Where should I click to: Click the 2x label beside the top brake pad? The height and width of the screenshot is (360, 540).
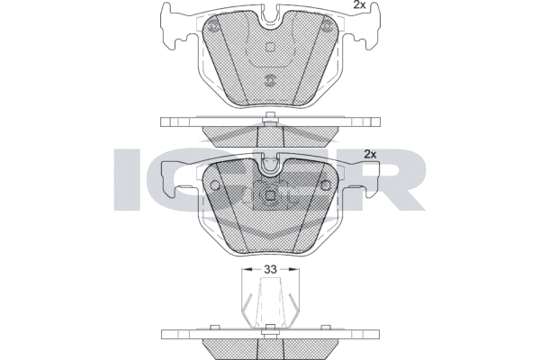[x=359, y=4]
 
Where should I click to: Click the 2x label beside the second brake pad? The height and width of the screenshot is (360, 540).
[x=370, y=154]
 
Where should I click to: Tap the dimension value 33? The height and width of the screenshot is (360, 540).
[x=270, y=269]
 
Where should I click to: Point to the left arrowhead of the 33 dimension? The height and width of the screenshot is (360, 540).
[x=246, y=269]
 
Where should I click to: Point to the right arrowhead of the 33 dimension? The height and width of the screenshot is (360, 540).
[x=295, y=269]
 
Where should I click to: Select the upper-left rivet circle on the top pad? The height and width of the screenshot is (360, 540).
[x=213, y=26]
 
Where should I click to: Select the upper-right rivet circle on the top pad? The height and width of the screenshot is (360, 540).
[x=327, y=26]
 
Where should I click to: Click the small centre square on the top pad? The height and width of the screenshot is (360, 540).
[x=270, y=47]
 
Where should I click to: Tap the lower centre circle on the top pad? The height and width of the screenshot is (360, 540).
[x=270, y=81]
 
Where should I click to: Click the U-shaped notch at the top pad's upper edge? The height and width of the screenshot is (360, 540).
[x=270, y=18]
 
